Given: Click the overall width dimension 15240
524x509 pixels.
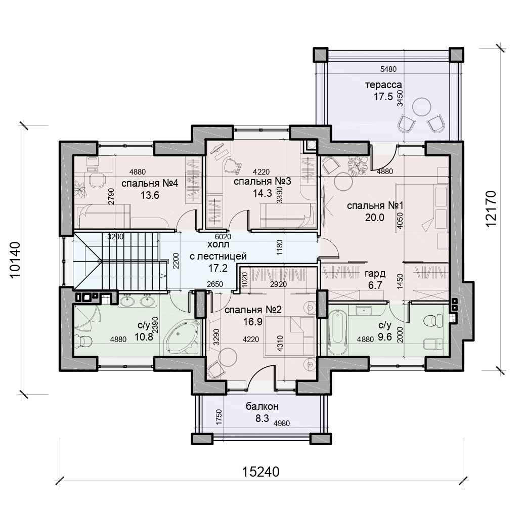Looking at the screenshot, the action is (x=260, y=472).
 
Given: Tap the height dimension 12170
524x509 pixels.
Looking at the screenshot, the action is (x=491, y=208).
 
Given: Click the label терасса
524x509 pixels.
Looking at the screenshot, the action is (x=383, y=84).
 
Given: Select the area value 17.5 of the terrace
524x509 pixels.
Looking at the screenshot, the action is (x=383, y=97).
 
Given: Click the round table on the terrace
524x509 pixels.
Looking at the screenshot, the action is (x=421, y=106).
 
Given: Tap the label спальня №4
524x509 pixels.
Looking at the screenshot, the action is (x=150, y=183).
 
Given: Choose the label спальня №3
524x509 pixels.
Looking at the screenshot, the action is (x=263, y=181).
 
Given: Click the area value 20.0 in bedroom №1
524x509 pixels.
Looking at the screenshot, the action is (x=375, y=218).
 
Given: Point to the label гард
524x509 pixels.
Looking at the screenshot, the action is (x=375, y=274).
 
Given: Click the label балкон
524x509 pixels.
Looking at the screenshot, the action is (x=263, y=406).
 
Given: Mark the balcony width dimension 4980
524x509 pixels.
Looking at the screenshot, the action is (x=281, y=423).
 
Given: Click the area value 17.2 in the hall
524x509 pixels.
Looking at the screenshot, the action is (x=217, y=268).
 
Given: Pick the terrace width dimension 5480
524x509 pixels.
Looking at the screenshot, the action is (x=388, y=69).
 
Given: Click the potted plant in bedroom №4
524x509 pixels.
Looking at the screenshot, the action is (x=80, y=189).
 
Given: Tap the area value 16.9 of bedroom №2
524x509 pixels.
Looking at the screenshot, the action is (x=253, y=321).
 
